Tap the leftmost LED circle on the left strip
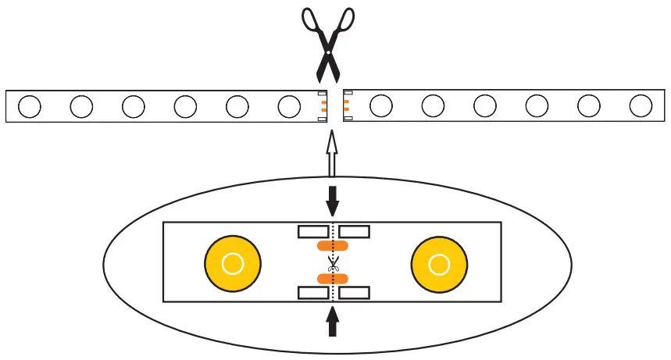tap(30, 106)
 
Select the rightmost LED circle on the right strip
tap(641, 106)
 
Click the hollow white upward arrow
tap(331, 155)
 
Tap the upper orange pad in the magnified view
tap(333, 246)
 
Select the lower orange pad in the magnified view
tap(333, 279)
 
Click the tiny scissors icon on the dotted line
tap(334, 263)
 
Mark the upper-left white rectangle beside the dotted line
tap(314, 231)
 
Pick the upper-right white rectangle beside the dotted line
tap(354, 231)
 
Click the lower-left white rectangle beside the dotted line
tap(314, 292)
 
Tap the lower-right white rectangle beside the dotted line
tap(354, 292)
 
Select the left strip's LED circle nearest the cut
tap(289, 106)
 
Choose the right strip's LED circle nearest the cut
tap(380, 106)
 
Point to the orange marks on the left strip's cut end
tap(322, 106)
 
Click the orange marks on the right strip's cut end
tap(345, 106)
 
